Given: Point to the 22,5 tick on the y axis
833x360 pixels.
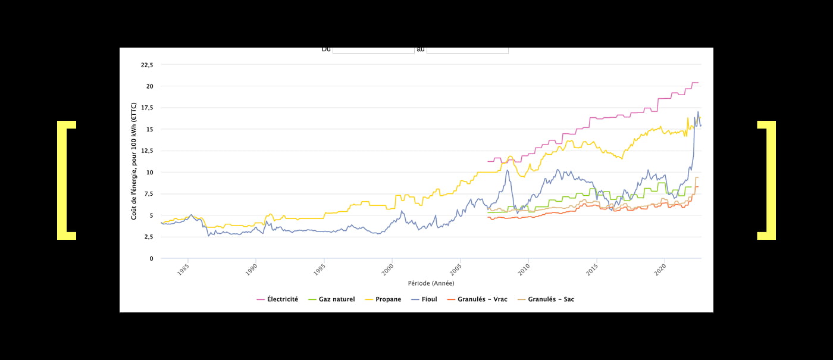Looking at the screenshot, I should coord(147,65).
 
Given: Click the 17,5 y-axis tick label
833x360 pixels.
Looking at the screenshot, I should coord(147,108).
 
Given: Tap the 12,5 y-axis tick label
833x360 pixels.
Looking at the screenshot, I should coord(147,151).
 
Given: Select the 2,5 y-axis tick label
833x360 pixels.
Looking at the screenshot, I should coord(148,237).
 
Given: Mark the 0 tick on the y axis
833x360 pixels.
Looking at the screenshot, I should coord(151,259).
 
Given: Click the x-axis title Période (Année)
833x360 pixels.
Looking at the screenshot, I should coord(431,283).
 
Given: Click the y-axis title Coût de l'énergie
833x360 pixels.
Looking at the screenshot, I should coord(134,161).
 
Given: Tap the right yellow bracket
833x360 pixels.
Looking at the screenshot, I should coord(767,180).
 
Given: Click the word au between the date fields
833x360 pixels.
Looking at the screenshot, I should coord(421,49).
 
